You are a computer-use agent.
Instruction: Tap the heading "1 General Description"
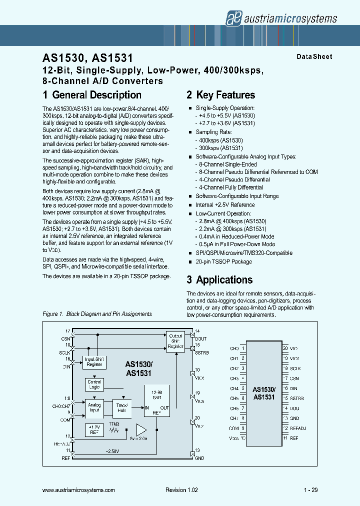tap(92, 95)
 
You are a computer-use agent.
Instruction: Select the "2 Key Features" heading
tap(220, 95)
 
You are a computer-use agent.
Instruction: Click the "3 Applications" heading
tap(219, 280)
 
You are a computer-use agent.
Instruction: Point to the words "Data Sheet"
tap(314, 57)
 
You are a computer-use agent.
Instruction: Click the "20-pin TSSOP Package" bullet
tap(223, 261)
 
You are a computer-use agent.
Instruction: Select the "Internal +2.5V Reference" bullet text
tap(225, 204)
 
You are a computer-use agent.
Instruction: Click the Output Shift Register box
tap(175, 341)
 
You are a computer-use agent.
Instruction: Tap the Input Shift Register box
tap(94, 362)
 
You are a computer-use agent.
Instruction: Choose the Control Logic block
tap(94, 384)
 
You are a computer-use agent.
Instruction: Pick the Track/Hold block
tap(121, 408)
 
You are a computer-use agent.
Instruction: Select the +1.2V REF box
tap(94, 429)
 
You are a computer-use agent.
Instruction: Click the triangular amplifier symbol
tap(141, 430)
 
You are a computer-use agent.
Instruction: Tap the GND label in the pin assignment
tap(294, 418)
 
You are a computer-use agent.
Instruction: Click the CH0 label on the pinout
tap(234, 348)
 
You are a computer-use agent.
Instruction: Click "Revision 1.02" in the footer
tap(181, 490)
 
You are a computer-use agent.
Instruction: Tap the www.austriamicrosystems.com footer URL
tap(79, 490)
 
